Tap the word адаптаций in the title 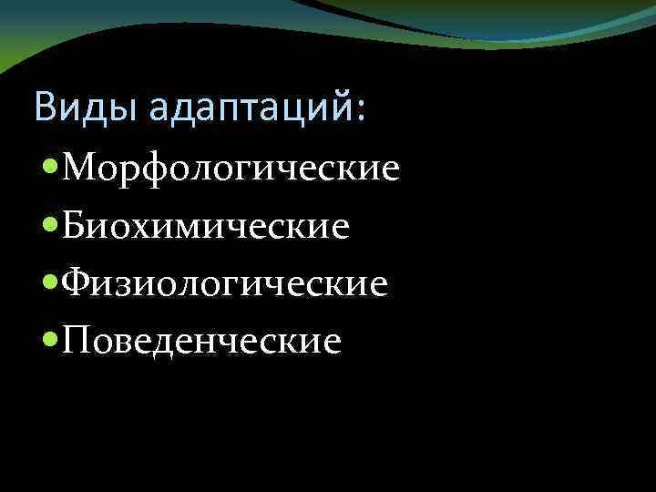251,108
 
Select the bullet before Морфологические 51,169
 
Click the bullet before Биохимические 51,226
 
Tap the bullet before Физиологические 51,283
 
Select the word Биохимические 206,226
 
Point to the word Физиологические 225,283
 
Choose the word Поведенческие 202,341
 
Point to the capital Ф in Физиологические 78,283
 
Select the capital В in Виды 46,107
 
